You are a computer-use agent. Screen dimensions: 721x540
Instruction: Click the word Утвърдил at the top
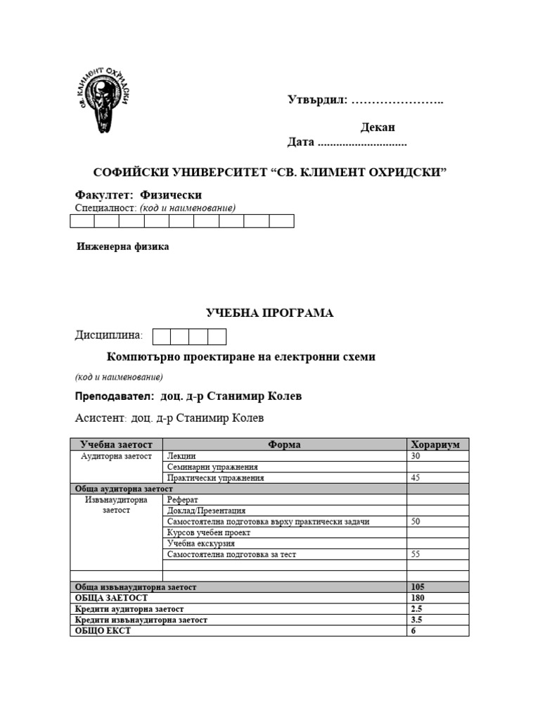point(317,100)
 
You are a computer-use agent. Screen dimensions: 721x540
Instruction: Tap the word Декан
point(378,127)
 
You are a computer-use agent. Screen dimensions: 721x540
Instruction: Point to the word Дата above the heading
point(300,142)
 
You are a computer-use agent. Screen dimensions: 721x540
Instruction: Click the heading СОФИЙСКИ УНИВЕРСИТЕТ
point(271,173)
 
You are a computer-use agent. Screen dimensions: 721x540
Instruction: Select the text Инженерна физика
point(122,247)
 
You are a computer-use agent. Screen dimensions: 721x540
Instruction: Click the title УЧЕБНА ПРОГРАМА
point(269,313)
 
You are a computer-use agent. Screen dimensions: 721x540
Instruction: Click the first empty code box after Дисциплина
point(162,336)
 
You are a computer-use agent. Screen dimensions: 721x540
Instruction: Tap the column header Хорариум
point(435,444)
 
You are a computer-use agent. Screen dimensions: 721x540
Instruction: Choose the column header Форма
point(284,444)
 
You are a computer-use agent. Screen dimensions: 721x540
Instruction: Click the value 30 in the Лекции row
point(416,456)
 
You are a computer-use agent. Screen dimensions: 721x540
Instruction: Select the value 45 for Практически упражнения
point(416,477)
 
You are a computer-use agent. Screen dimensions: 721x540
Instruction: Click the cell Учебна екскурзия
point(201,543)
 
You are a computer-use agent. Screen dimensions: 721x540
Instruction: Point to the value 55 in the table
point(416,554)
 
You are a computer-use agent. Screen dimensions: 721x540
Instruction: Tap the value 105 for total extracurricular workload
point(418,587)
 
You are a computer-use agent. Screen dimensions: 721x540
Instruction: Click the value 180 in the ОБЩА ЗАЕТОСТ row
point(418,598)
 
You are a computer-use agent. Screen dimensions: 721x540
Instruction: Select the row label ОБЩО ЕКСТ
point(103,631)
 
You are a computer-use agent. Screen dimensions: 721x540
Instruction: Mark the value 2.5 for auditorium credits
point(416,608)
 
